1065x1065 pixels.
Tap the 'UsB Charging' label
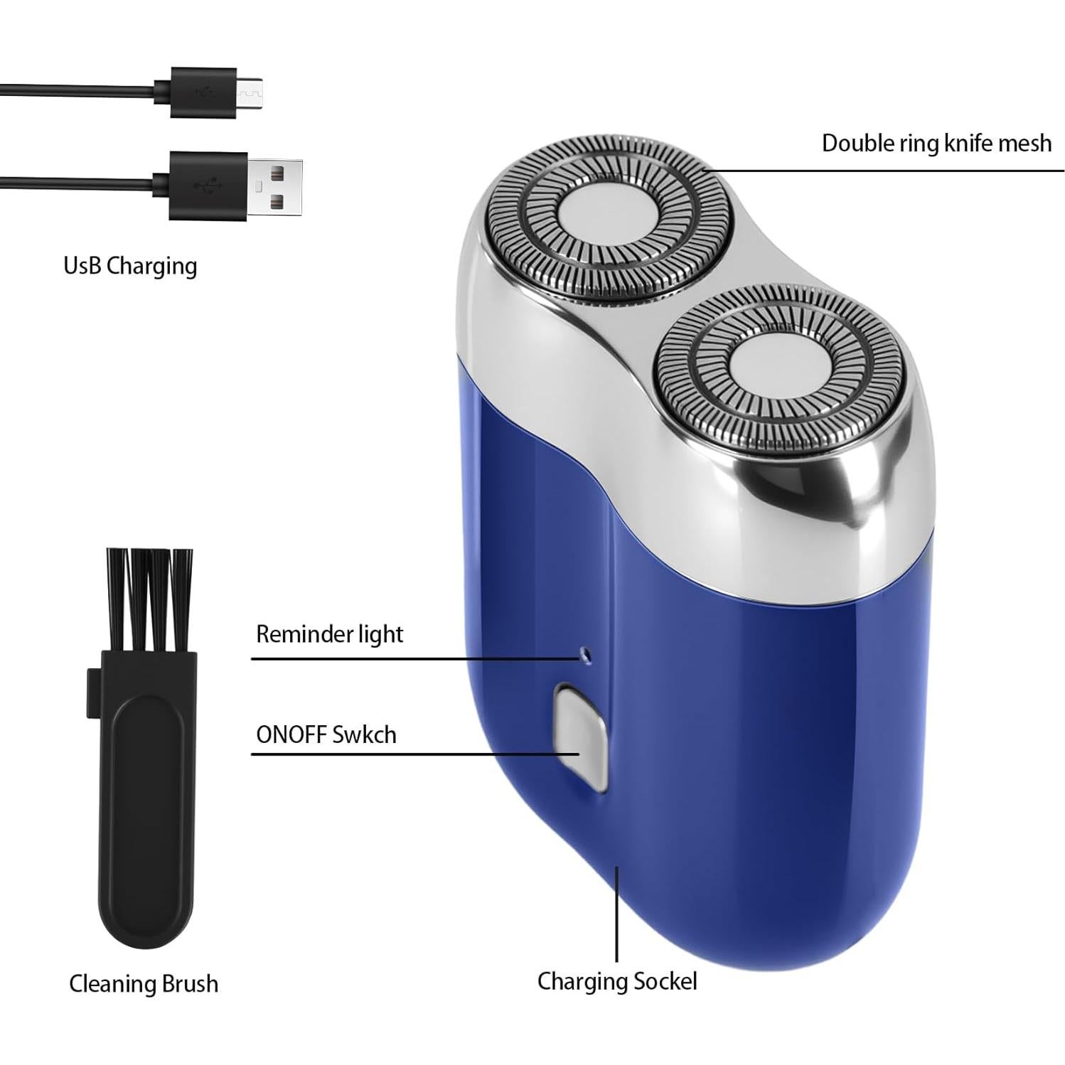[130, 266]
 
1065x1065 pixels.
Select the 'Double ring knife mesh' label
[936, 143]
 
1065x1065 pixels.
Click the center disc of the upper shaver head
[604, 218]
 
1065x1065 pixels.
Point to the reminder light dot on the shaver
[585, 651]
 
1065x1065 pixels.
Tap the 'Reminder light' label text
[329, 634]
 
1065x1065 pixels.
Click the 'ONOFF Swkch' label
[326, 734]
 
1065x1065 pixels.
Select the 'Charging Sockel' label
[616, 981]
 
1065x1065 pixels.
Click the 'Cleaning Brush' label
[143, 984]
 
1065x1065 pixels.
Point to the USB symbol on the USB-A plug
[205, 186]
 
